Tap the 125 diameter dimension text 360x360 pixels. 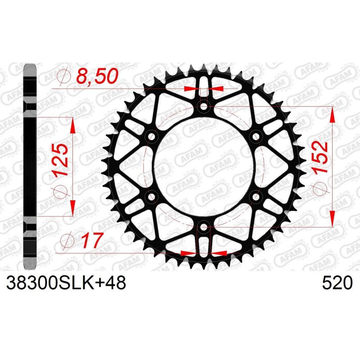[62, 160]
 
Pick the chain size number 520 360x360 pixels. [337, 283]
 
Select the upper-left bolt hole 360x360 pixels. [151, 136]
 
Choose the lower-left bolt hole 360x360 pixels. [151, 197]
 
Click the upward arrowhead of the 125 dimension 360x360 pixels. [73, 127]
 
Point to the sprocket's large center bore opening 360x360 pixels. [204, 166]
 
